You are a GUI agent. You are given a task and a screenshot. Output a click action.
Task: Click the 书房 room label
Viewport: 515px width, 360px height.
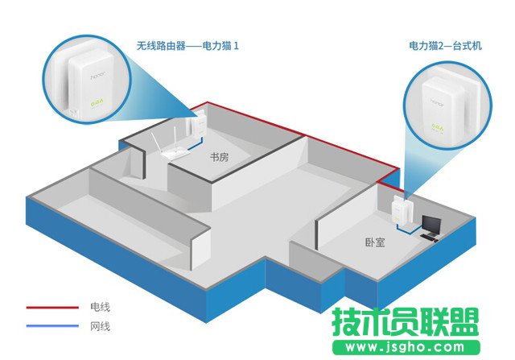[219, 157]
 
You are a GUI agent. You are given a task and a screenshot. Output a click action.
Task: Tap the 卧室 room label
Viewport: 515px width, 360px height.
[375, 242]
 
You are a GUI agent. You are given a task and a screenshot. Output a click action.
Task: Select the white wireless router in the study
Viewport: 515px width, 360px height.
[170, 145]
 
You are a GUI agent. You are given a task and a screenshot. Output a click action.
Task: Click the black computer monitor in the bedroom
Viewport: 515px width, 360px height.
[431, 225]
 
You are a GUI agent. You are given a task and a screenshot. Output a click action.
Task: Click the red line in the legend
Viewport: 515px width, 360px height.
[52, 308]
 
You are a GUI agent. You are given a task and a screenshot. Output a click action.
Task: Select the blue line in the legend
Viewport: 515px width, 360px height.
[52, 326]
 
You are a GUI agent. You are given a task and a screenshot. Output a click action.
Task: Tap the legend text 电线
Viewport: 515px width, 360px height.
[100, 307]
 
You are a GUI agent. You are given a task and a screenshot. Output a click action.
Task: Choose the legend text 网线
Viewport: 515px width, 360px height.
[100, 326]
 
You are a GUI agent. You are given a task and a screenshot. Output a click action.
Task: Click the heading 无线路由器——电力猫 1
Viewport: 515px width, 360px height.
[187, 45]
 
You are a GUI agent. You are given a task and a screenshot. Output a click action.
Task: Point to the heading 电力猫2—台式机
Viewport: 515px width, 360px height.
[445, 45]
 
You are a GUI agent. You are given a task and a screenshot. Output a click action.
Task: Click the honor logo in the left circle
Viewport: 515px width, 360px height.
[98, 75]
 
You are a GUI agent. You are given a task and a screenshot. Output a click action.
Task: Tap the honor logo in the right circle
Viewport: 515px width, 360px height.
[438, 102]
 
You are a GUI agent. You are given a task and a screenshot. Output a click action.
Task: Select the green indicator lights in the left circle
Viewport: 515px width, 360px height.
[97, 104]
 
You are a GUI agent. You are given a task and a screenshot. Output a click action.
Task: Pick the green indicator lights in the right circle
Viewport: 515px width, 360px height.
[438, 126]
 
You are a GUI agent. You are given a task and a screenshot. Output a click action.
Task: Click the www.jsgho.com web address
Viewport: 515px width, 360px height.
[405, 347]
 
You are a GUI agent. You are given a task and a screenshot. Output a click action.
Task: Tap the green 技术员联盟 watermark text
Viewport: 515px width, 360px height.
[406, 322]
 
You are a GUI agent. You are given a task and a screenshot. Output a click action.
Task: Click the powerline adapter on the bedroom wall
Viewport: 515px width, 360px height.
[401, 209]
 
